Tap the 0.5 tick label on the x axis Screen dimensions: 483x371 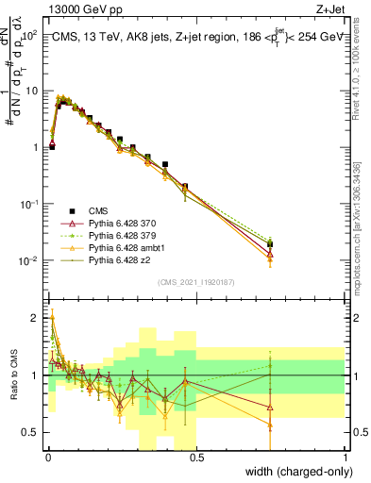196,458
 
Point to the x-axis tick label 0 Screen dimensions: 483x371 47,458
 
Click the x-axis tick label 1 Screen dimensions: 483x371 346,458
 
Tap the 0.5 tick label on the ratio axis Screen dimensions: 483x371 33,432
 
